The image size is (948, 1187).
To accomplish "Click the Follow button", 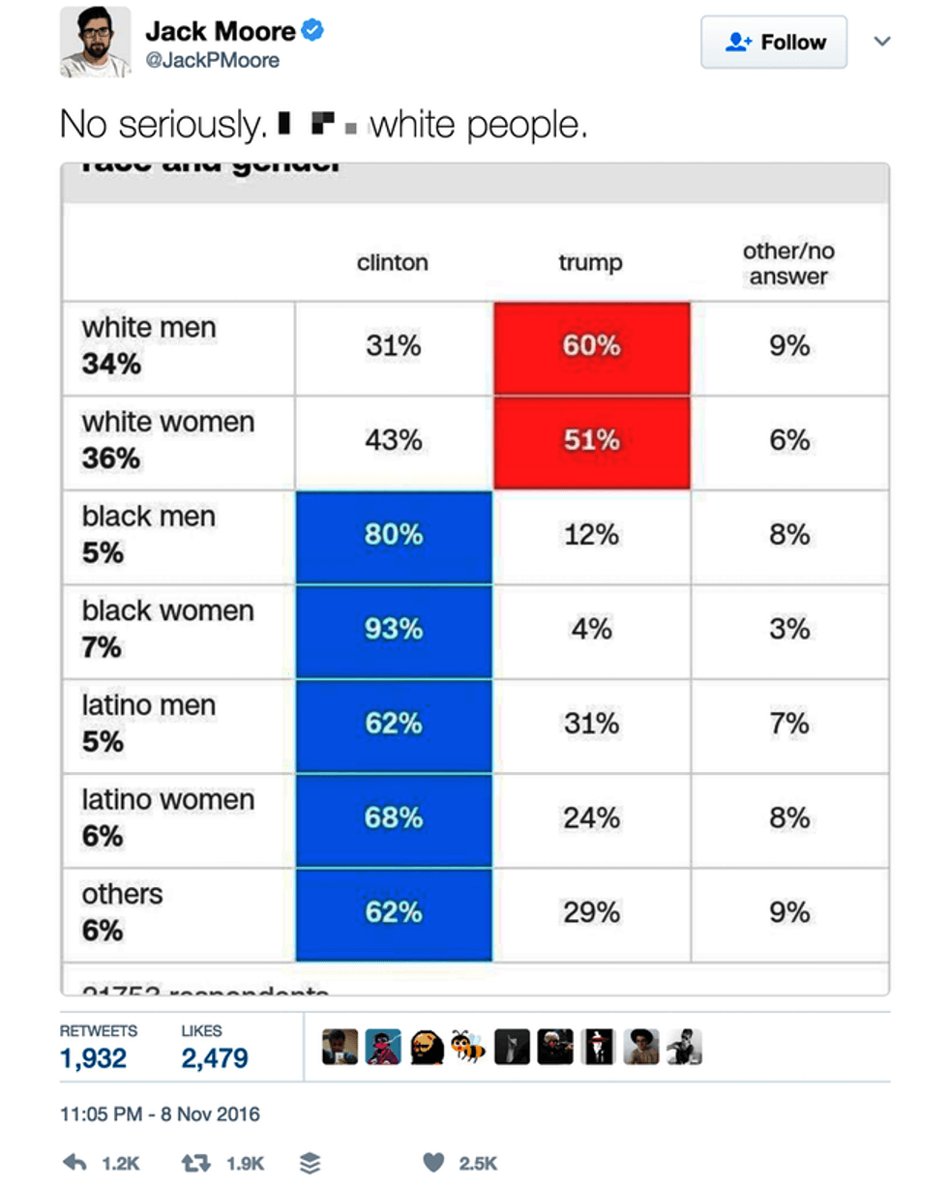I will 773,43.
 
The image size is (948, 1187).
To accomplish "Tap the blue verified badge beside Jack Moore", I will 312,31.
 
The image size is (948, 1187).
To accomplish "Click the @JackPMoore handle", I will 212,61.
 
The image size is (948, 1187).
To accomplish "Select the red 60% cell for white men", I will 591,346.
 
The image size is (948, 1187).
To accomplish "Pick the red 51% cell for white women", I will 591,441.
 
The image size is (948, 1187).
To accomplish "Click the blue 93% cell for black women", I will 394,630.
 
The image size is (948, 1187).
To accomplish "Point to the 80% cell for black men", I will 394,535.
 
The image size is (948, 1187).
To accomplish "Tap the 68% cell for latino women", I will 394,818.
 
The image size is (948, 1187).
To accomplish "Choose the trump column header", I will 590,263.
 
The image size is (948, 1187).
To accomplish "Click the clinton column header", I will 392,263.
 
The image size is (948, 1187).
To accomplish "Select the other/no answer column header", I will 788,264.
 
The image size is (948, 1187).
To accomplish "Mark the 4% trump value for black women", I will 591,630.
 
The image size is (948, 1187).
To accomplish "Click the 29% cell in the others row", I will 591,913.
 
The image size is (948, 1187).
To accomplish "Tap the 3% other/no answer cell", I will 789,630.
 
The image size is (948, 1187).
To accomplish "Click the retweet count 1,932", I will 93,1059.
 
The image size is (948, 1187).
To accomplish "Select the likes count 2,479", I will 215,1059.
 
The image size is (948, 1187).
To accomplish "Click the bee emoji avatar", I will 470,1046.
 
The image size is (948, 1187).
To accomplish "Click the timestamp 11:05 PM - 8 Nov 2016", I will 160,1114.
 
